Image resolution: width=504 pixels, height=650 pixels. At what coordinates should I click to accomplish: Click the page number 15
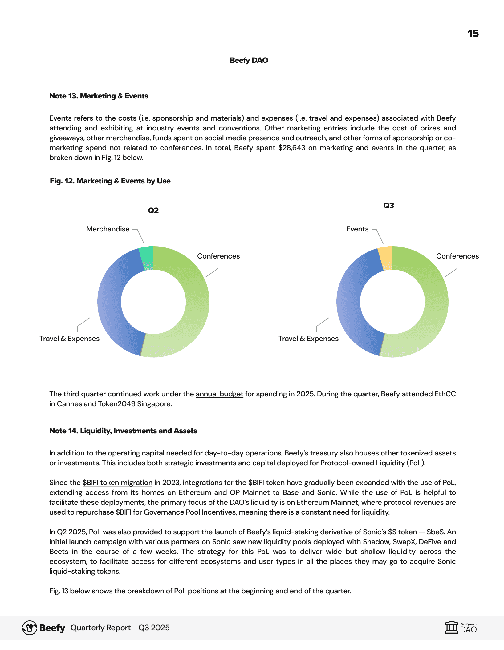pos(473,34)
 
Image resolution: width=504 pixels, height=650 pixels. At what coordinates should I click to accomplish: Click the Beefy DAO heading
pos(249,60)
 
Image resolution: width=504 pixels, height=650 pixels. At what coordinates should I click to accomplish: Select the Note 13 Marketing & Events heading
pos(99,96)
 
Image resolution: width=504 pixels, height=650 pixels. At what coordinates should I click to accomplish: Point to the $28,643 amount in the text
pos(291,148)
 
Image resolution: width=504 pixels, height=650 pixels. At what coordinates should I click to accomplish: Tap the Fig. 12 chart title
pos(110,181)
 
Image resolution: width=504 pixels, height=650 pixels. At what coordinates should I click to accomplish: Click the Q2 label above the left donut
pos(153,211)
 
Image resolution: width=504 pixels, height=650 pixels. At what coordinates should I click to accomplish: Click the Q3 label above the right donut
pos(388,206)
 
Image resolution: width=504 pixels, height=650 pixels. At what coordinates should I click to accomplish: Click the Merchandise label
pos(108,229)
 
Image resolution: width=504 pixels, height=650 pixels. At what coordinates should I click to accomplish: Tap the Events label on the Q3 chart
pos(357,229)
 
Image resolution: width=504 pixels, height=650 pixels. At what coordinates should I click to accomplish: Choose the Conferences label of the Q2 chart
pos(218,256)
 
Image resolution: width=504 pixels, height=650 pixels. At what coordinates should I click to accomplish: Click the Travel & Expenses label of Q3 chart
pos(308,339)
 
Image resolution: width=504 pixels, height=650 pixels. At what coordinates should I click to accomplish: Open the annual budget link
pos(219,394)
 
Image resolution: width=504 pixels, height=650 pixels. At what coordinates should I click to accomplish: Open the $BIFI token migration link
pos(117,483)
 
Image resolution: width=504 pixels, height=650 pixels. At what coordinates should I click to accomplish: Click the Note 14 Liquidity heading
pos(123,431)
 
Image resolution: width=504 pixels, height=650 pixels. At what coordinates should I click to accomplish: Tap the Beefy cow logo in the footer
pos(30,628)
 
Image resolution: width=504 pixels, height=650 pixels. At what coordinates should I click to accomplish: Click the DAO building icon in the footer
pos(452,628)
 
